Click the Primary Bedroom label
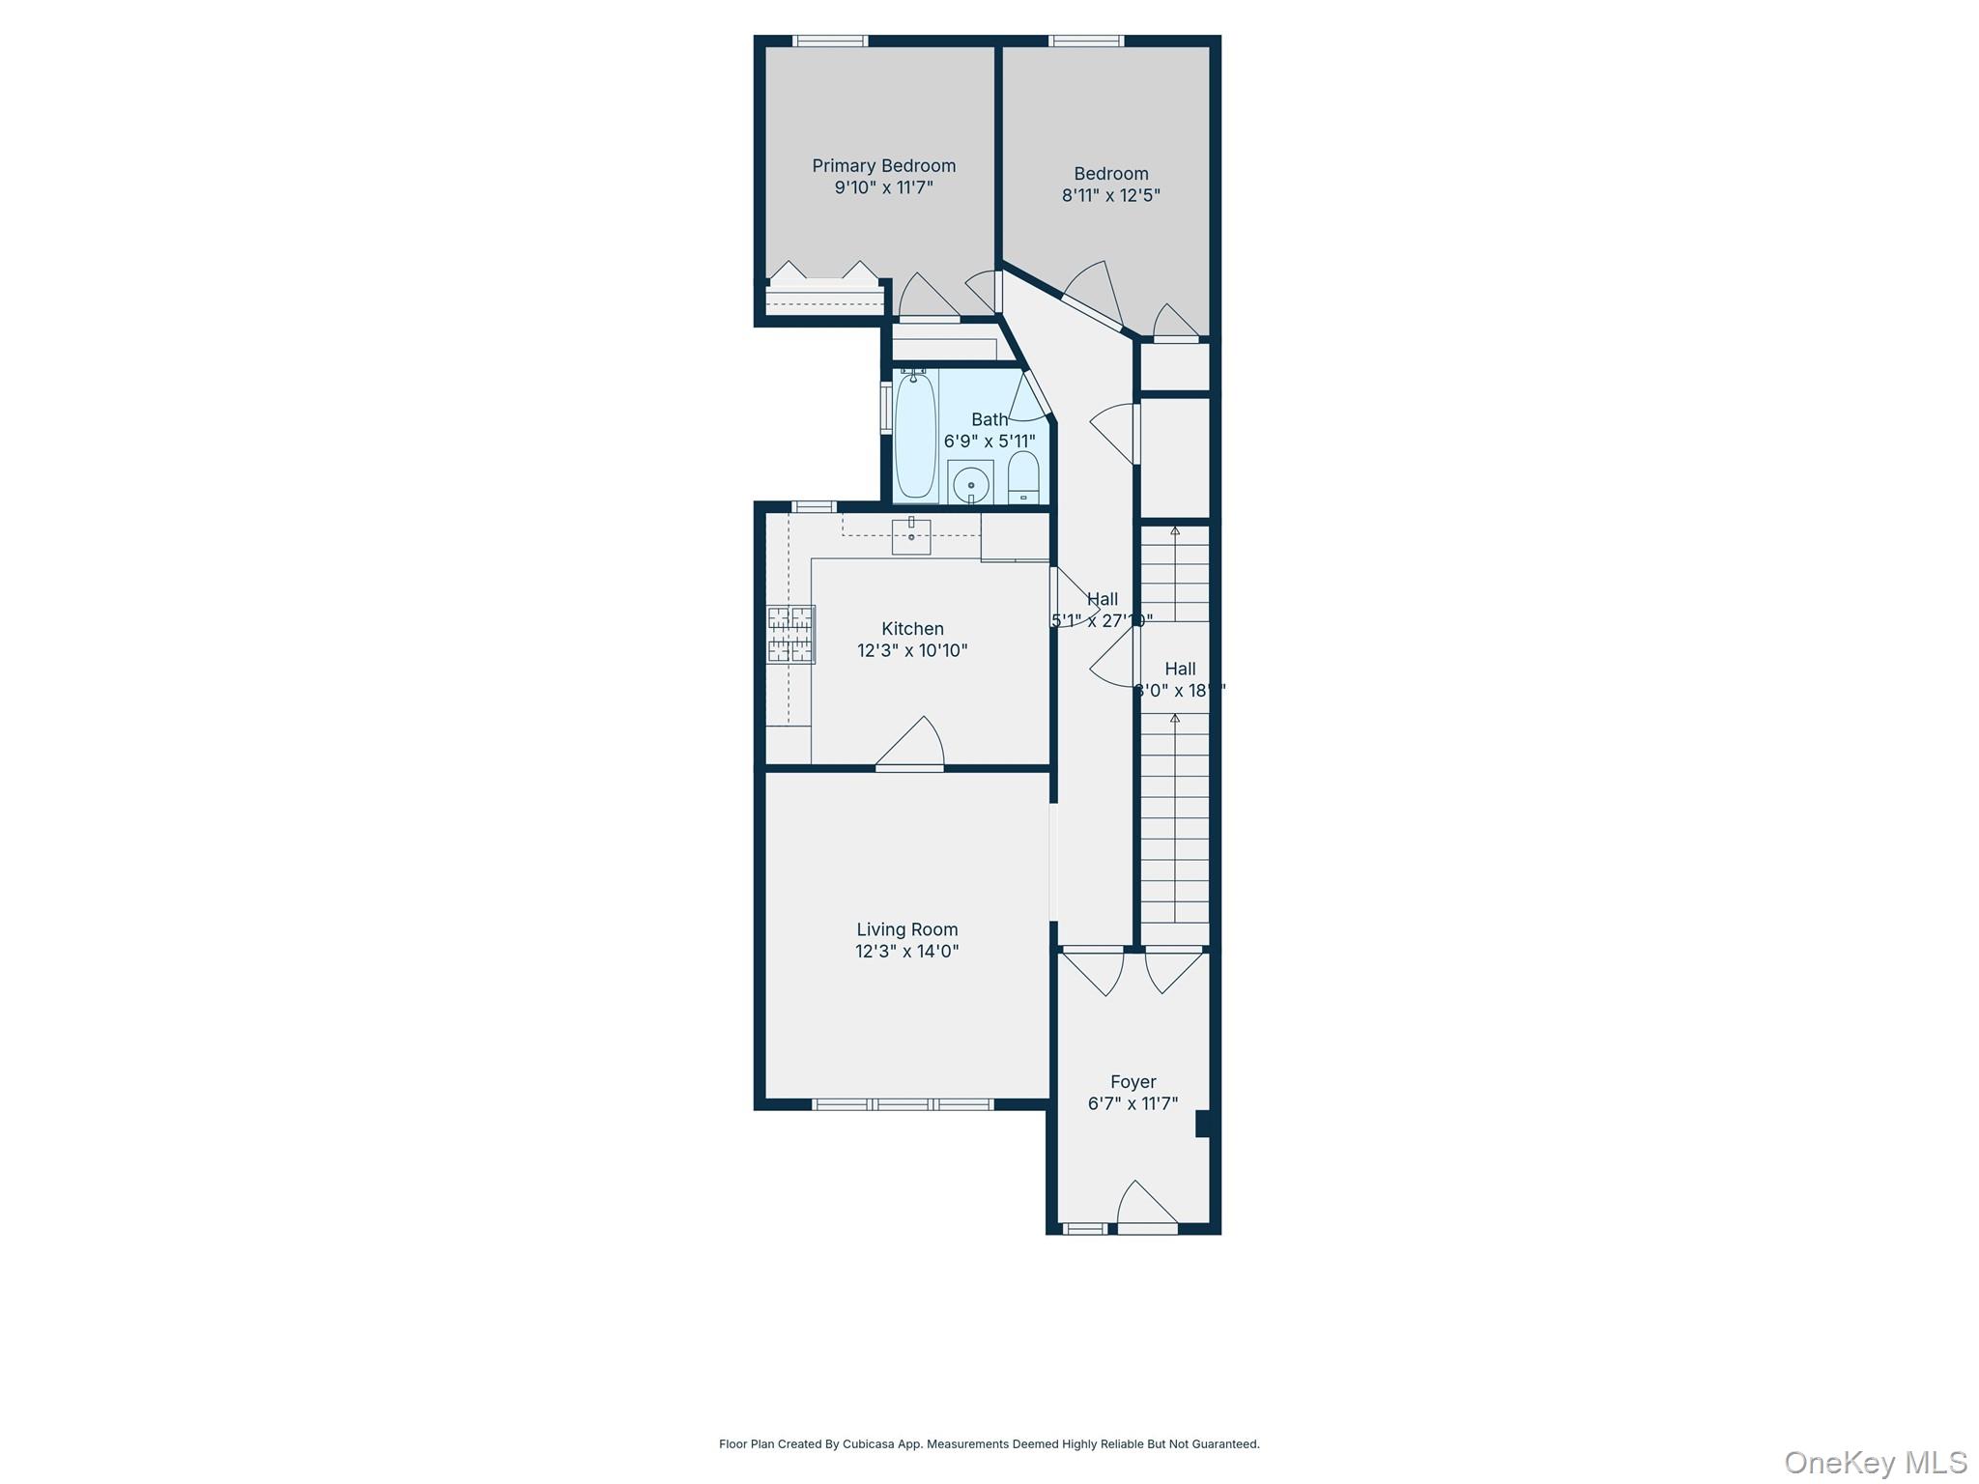pyautogui.click(x=883, y=166)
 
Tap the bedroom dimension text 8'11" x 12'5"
pyautogui.click(x=1110, y=195)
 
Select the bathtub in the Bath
pyautogui.click(x=915, y=436)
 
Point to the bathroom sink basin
pyautogui.click(x=970, y=482)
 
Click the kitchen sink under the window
pyautogui.click(x=910, y=536)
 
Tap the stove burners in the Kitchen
pyautogui.click(x=790, y=634)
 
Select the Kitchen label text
pyautogui.click(x=912, y=629)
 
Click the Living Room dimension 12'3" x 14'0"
pyautogui.click(x=906, y=952)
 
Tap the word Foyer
pyautogui.click(x=1133, y=1082)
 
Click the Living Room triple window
pyautogui.click(x=903, y=1104)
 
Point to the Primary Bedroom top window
pyautogui.click(x=830, y=41)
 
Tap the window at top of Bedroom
pyautogui.click(x=1086, y=41)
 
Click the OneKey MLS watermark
pyautogui.click(x=1875, y=1462)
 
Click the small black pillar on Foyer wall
pyautogui.click(x=1203, y=1125)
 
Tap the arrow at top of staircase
pyautogui.click(x=1175, y=531)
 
